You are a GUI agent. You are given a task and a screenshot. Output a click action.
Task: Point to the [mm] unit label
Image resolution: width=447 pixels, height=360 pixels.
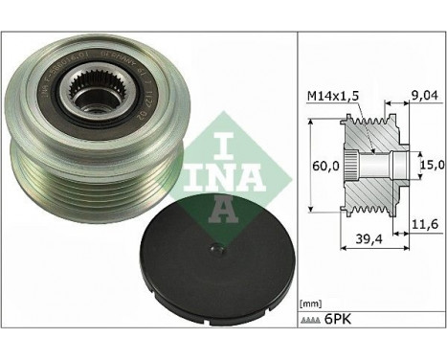pos(313,325)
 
